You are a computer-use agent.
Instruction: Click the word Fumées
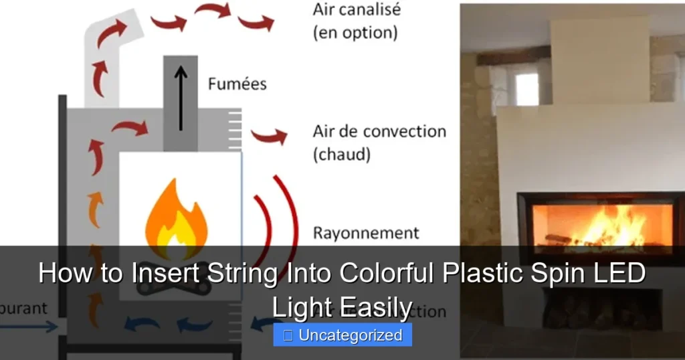click(237, 84)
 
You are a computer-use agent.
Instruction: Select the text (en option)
click(355, 33)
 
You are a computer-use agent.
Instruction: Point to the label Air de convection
click(379, 131)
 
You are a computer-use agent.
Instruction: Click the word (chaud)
click(341, 154)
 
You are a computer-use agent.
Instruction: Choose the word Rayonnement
click(366, 233)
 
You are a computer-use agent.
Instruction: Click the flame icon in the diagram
click(175, 217)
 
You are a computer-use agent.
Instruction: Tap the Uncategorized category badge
click(342, 335)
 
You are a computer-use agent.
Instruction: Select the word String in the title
click(242, 274)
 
